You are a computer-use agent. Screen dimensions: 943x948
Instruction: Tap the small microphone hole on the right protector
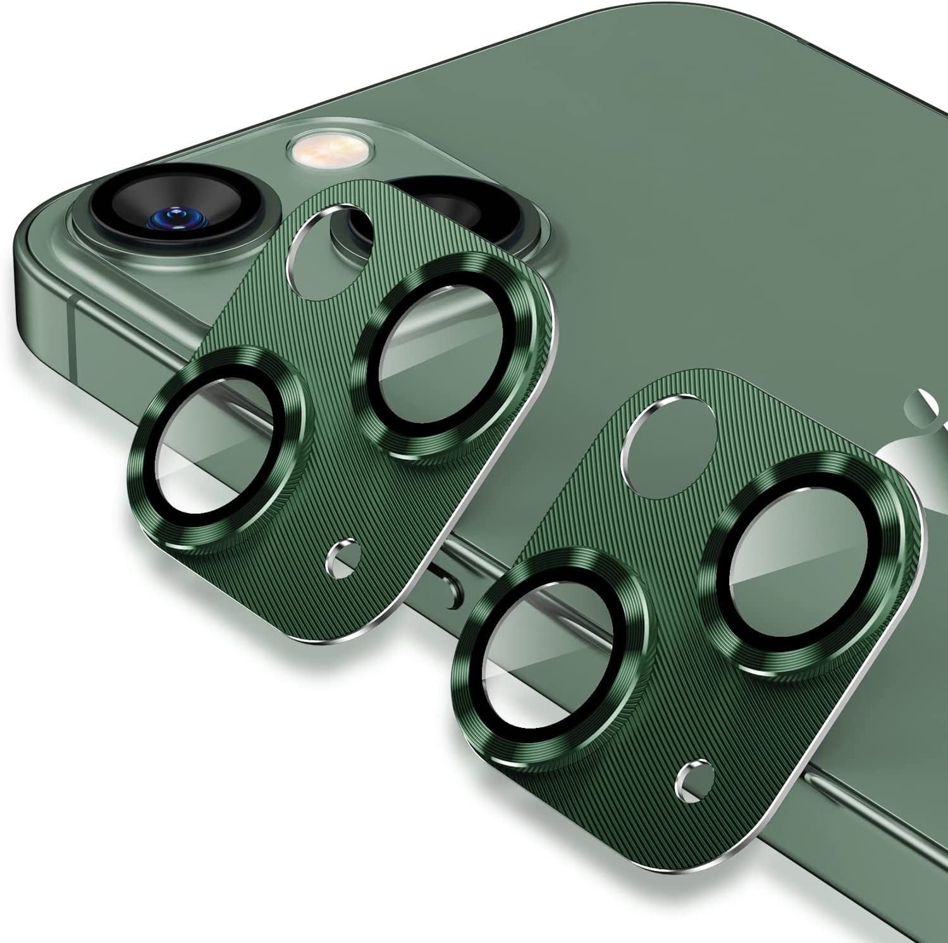(690, 774)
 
